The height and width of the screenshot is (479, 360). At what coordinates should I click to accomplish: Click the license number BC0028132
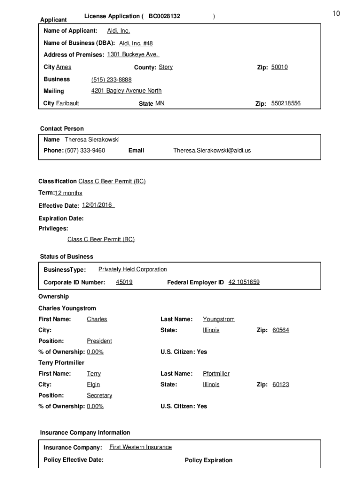[x=164, y=16]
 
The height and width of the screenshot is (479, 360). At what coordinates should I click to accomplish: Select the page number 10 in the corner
[x=336, y=14]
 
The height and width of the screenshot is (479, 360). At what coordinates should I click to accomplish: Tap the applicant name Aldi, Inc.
[x=118, y=31]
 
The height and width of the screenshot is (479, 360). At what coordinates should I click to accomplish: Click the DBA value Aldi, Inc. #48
[x=136, y=43]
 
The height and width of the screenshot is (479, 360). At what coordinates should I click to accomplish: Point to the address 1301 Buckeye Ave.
[x=133, y=54]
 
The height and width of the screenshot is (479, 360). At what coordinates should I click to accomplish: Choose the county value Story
[x=166, y=67]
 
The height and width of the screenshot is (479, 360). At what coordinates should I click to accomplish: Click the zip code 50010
[x=279, y=67]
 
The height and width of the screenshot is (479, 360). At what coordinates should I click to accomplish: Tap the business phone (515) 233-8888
[x=111, y=80]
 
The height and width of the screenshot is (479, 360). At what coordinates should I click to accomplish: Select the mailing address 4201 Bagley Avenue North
[x=126, y=91]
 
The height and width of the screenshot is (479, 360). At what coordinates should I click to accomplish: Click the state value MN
[x=159, y=103]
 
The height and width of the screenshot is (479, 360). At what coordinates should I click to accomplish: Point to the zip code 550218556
[x=286, y=103]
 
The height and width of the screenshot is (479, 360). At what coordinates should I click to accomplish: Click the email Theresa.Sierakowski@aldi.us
[x=212, y=151]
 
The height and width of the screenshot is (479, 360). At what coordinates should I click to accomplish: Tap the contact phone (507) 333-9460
[x=85, y=151]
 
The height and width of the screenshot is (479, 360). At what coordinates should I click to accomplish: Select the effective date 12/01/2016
[x=97, y=205]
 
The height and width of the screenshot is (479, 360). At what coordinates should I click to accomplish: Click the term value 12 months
[x=68, y=193]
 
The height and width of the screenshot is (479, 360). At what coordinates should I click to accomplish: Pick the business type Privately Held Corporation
[x=132, y=269]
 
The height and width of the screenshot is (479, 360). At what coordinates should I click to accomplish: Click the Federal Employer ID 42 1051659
[x=244, y=282]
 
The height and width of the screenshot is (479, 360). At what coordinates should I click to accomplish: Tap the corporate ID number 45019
[x=124, y=282]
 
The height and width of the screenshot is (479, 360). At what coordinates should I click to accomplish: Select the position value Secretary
[x=99, y=395]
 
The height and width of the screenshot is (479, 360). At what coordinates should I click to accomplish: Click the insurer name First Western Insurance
[x=140, y=447]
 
